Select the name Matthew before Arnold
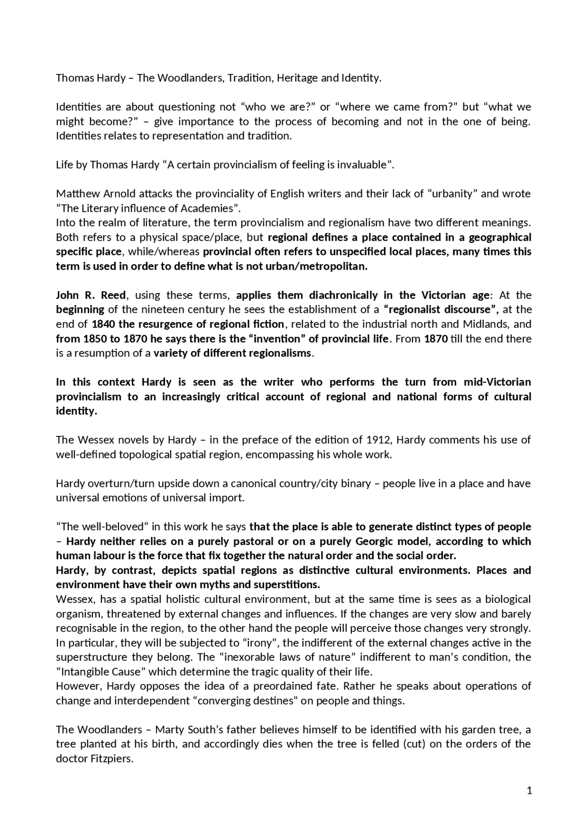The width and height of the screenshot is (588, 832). [x=73, y=194]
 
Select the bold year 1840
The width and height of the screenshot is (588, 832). [x=104, y=324]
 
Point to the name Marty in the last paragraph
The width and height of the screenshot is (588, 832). [x=170, y=730]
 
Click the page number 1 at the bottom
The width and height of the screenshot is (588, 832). [x=529, y=791]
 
